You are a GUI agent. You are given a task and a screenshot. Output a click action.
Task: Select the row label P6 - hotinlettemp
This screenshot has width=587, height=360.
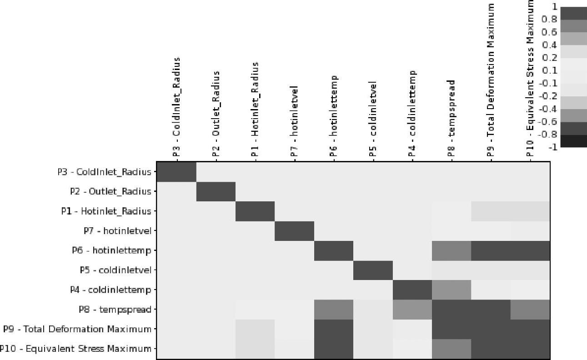[x=111, y=250]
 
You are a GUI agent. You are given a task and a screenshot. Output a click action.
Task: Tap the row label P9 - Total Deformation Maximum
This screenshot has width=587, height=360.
[x=77, y=329]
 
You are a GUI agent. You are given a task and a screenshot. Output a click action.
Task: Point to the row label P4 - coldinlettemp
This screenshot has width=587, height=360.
[x=110, y=290]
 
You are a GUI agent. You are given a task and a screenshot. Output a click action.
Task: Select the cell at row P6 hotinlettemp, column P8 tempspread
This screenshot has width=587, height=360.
[x=452, y=250]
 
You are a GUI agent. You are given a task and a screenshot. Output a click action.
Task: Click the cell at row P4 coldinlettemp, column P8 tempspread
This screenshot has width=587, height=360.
[x=452, y=290]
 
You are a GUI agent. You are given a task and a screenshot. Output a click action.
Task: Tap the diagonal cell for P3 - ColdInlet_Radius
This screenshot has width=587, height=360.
[x=176, y=172]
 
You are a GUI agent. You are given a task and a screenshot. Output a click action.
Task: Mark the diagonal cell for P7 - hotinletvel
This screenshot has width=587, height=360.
[x=294, y=231]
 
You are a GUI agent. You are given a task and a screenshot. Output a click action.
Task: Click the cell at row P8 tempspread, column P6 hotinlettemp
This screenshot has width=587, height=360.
[x=334, y=310]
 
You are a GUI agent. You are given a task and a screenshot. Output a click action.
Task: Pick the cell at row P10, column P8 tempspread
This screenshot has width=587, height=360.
[x=452, y=349]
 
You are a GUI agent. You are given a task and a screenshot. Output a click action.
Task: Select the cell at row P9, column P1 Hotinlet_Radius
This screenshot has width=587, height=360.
[x=255, y=329]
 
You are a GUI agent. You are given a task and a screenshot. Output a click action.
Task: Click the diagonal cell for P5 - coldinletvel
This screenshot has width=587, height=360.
[x=373, y=270]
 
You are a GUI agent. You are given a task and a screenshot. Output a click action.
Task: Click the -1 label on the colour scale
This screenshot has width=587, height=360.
[x=553, y=147]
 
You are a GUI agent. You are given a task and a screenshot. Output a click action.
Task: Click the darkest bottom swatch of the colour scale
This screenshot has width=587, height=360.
[x=573, y=141]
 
